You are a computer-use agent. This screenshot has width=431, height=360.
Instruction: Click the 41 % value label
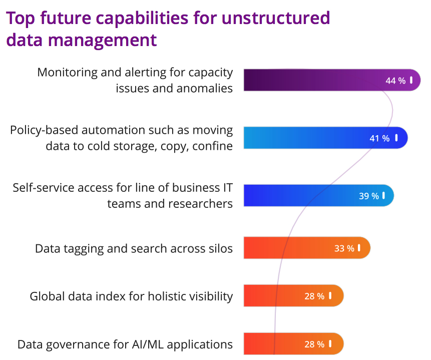(379, 138)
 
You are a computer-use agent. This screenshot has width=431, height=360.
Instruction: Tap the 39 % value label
(369, 196)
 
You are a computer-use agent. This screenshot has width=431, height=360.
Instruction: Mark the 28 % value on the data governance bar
(314, 344)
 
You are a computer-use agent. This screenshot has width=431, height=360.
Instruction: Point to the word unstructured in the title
(276, 19)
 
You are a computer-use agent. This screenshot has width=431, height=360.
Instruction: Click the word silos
(220, 248)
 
